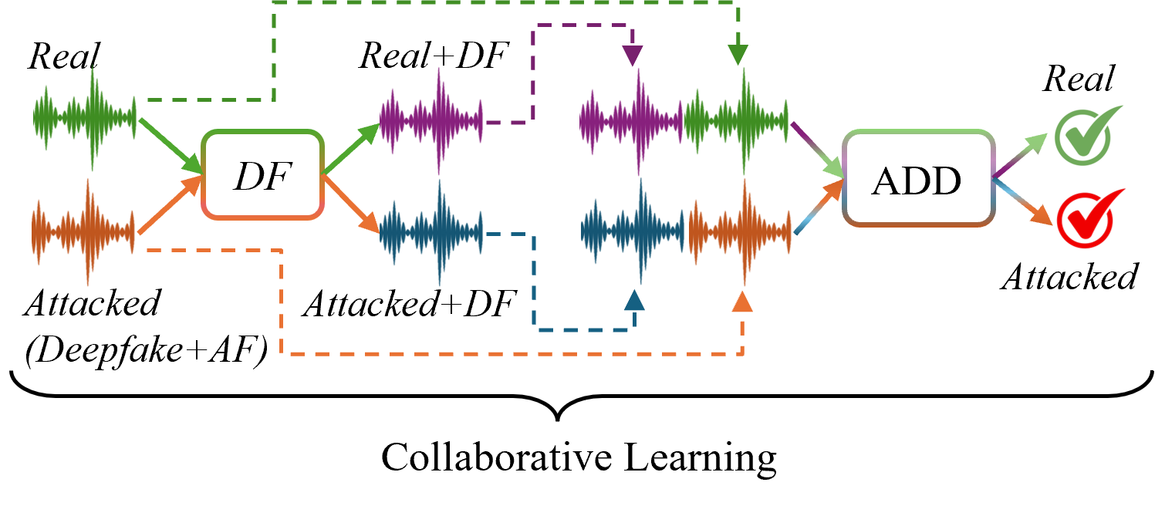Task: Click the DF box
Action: click(262, 175)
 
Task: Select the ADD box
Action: click(917, 179)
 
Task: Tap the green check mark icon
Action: click(1085, 135)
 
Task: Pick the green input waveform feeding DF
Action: click(85, 117)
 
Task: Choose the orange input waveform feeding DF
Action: click(83, 231)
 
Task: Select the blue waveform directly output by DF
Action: click(431, 232)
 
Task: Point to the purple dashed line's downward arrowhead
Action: click(633, 56)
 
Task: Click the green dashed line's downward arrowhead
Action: click(738, 55)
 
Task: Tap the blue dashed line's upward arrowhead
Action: click(634, 300)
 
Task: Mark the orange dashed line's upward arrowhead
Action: click(742, 302)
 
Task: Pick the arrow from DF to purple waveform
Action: click(352, 147)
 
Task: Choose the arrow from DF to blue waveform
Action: click(352, 204)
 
